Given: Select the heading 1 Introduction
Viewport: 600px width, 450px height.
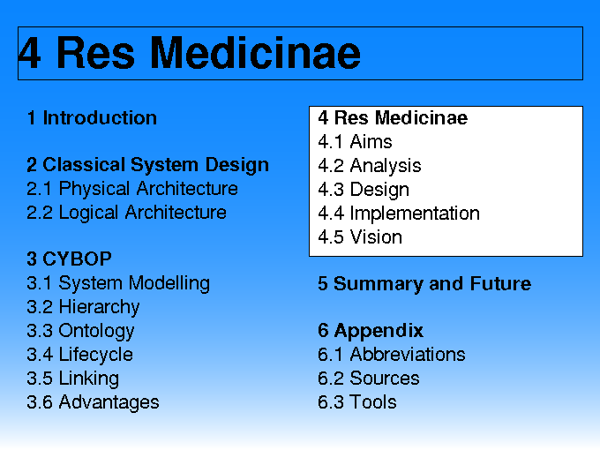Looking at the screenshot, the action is coord(92,117).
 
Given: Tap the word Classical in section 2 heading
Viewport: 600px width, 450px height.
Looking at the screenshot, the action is coord(84,164).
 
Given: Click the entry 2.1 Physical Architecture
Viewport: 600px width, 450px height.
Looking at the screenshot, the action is coord(132,188).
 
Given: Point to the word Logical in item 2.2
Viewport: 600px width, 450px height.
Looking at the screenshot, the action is coord(88,213).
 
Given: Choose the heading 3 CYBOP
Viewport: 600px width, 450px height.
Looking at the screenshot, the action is coord(69,259).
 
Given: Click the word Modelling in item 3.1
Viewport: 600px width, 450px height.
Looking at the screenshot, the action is coord(169,283).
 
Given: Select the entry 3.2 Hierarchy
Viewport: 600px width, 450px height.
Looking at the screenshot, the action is coord(83,307).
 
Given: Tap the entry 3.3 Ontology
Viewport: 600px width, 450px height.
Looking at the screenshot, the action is coord(80,331).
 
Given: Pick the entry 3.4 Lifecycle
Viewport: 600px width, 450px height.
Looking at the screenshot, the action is coord(80,355).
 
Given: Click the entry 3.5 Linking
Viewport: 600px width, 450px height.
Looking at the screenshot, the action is coord(72,379).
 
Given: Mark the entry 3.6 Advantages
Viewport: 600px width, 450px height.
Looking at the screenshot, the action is coord(93,402).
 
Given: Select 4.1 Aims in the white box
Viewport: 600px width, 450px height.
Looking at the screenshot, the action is coord(355,141).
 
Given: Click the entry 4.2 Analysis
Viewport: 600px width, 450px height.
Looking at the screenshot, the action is coord(370,166).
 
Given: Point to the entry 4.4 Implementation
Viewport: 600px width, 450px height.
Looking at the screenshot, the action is coord(399,214).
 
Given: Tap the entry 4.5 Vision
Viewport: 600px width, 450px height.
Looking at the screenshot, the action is coord(360,236).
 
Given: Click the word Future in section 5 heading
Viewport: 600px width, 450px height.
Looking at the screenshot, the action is coord(500,283).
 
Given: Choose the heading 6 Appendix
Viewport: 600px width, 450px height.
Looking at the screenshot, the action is coord(371,331).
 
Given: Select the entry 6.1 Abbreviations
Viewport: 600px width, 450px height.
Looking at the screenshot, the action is coord(392,355).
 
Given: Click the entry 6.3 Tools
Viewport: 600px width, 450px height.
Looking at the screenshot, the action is coord(357,402).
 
